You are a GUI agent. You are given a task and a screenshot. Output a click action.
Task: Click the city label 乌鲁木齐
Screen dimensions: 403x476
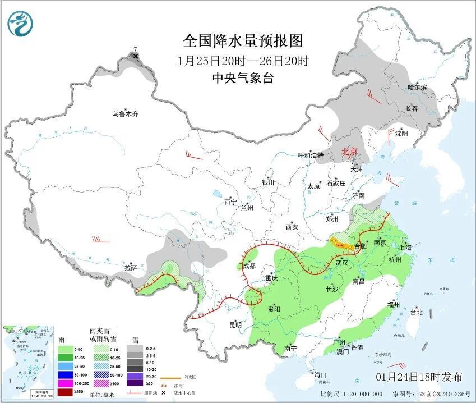124,114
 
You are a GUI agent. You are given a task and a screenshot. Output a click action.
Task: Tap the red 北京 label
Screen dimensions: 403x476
350,152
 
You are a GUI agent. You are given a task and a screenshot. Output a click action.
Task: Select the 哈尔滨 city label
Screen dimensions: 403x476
417,87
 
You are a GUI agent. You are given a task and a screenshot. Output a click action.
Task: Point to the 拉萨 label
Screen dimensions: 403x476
131,267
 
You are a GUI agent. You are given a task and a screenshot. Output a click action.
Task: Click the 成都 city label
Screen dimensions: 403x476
249,266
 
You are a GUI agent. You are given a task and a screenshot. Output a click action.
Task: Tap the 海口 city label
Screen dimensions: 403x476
320,374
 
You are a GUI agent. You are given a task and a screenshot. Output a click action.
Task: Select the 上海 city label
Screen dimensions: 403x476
405,248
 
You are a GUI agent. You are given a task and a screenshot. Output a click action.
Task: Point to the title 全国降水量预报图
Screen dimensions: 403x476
243,41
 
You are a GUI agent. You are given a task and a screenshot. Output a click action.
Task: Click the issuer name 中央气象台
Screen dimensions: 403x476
243,79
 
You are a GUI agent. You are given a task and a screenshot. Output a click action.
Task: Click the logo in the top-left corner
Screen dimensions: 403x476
21,24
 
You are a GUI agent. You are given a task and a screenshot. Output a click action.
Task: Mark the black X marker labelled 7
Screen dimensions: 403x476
135,56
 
